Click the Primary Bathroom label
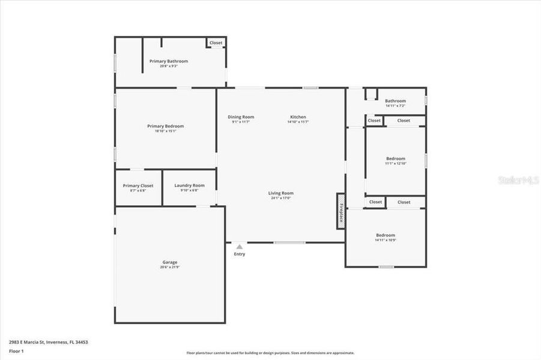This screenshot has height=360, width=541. coord(169,61)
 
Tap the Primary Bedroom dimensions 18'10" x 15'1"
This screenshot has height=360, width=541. coord(166,131)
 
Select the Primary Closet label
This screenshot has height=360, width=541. coord(138,185)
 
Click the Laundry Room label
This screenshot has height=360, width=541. coord(190,185)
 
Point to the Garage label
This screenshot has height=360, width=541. coord(170,262)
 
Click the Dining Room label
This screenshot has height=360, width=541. coord(241,117)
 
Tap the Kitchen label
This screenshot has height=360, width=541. coord(298,117)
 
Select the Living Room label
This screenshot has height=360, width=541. coord(280,193)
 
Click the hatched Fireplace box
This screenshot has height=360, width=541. coord(340,211)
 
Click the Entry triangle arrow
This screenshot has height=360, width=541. coord(240,247)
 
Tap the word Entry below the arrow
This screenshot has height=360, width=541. coord(240,254)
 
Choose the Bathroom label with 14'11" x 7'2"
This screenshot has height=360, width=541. coord(396,101)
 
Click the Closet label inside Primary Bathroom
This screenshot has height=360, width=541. coord(216,43)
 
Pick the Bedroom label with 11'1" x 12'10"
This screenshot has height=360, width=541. coord(396,159)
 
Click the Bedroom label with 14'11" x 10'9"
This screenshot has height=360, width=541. coord(385,235)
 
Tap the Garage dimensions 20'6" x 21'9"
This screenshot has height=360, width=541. coord(170,268)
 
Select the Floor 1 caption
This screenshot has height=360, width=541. coord(16,350)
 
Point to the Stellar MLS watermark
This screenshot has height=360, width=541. coord(519,179)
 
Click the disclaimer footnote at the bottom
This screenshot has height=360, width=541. coord(270,353)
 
